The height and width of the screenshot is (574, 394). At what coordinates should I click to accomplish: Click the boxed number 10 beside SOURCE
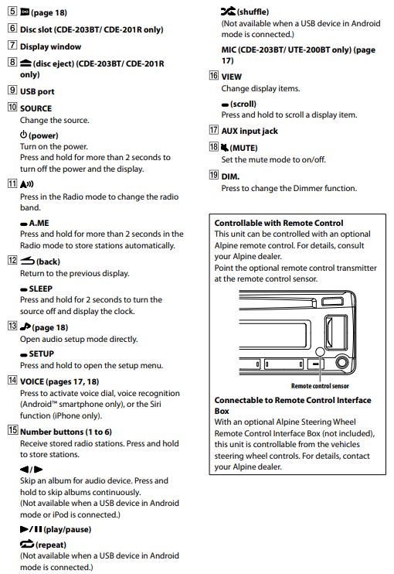[12, 107]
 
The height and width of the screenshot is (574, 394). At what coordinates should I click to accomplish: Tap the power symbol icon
[23, 135]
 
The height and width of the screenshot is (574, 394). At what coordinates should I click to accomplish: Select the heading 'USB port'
[37, 91]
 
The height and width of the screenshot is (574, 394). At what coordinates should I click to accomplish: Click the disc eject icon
[25, 63]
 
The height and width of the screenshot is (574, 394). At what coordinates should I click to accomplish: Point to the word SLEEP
[41, 289]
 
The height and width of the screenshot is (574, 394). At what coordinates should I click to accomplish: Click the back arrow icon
[27, 261]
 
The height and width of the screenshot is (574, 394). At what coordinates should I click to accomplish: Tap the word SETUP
[41, 354]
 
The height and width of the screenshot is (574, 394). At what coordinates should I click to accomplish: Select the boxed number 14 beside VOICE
[12, 380]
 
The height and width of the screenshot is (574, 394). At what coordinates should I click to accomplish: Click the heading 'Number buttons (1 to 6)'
[66, 432]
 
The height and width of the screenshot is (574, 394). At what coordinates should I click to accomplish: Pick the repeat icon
[27, 545]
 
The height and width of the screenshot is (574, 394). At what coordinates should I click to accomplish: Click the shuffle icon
[228, 12]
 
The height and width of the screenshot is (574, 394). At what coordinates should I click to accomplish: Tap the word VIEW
[231, 77]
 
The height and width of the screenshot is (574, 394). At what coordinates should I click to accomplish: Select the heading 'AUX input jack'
[250, 131]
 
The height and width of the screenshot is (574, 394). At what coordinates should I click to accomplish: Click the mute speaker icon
[224, 148]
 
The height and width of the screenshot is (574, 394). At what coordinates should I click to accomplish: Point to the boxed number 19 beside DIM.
[213, 175]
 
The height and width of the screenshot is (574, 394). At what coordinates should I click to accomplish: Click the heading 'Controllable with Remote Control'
[279, 223]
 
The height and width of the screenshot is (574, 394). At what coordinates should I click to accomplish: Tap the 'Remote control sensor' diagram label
[320, 386]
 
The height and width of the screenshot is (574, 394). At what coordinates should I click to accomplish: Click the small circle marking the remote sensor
[320, 351]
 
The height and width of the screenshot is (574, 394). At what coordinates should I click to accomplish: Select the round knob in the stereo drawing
[342, 362]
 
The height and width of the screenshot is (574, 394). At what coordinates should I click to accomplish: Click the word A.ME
[39, 224]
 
